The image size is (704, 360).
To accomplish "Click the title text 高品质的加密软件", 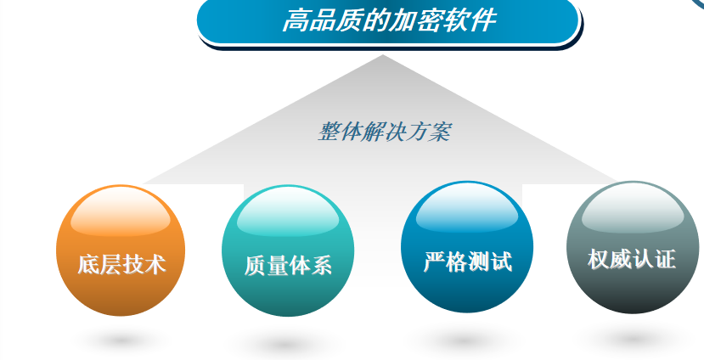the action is (x=389, y=20).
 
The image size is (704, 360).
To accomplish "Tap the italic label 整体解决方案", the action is (x=384, y=132).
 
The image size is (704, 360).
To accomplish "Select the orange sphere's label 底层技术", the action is (x=121, y=264).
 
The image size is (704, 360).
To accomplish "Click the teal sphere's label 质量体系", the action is (x=288, y=265).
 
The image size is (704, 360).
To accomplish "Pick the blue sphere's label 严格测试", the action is (x=468, y=262).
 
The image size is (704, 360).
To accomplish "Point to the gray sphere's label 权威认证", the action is (x=632, y=260).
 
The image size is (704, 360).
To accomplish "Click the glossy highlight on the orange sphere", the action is (x=121, y=212).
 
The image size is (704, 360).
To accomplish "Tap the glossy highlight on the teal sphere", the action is (x=288, y=212).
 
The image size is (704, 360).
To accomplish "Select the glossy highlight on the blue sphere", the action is (x=467, y=209).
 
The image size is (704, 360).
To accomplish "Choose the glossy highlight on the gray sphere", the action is (x=633, y=209).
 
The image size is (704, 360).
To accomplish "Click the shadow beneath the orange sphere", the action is (x=121, y=341).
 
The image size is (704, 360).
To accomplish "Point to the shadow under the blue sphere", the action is (x=465, y=341).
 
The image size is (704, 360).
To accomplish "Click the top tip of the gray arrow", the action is (x=382, y=54).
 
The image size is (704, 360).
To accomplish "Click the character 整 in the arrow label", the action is (x=329, y=132).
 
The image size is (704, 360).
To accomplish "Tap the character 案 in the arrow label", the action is (x=439, y=132).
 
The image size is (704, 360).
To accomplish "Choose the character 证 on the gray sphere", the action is (x=666, y=260).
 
